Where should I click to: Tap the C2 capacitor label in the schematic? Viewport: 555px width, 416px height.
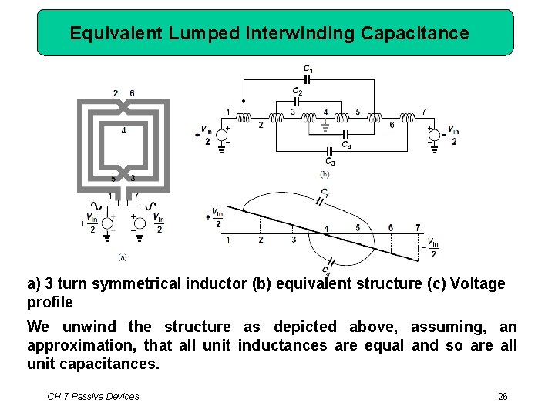(x=297, y=91)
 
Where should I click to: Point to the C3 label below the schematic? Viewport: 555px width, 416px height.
(x=329, y=162)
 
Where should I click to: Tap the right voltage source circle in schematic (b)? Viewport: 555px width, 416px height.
(x=434, y=136)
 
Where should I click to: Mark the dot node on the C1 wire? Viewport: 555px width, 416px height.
(x=244, y=101)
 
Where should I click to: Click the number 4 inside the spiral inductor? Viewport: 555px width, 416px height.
(x=124, y=130)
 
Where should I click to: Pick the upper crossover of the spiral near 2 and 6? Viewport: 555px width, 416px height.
(x=123, y=104)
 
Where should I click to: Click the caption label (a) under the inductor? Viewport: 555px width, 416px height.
(x=122, y=256)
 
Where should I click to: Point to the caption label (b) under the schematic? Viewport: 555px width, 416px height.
(x=325, y=174)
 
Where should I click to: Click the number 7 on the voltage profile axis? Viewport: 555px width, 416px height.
(x=418, y=228)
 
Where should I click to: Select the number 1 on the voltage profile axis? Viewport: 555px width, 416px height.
(x=228, y=240)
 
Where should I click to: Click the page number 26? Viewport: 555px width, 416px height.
(x=503, y=396)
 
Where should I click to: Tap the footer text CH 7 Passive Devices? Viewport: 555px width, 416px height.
(x=93, y=396)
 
